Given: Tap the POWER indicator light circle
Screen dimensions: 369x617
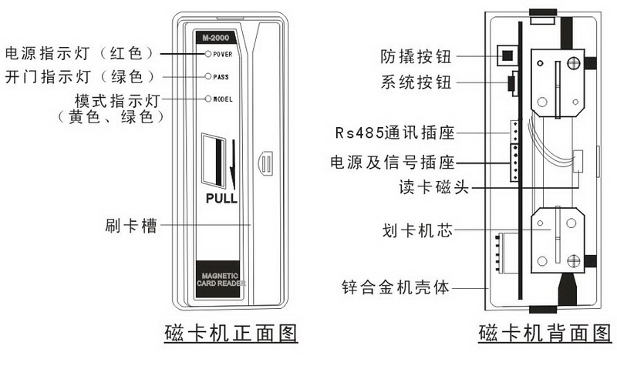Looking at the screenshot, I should coord(207,54).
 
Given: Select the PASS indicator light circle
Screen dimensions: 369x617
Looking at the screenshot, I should coord(207,76).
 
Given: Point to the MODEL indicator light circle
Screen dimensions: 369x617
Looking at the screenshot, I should coord(207,99).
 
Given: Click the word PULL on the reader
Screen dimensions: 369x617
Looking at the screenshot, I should coord(221,198).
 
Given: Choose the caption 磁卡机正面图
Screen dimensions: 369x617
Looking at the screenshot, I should coord(231,334).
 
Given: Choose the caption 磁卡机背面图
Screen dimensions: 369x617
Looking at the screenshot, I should coord(545,334).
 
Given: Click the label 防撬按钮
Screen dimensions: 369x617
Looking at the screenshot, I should coord(416,56).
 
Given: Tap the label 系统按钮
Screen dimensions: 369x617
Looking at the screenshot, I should coord(416,82).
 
